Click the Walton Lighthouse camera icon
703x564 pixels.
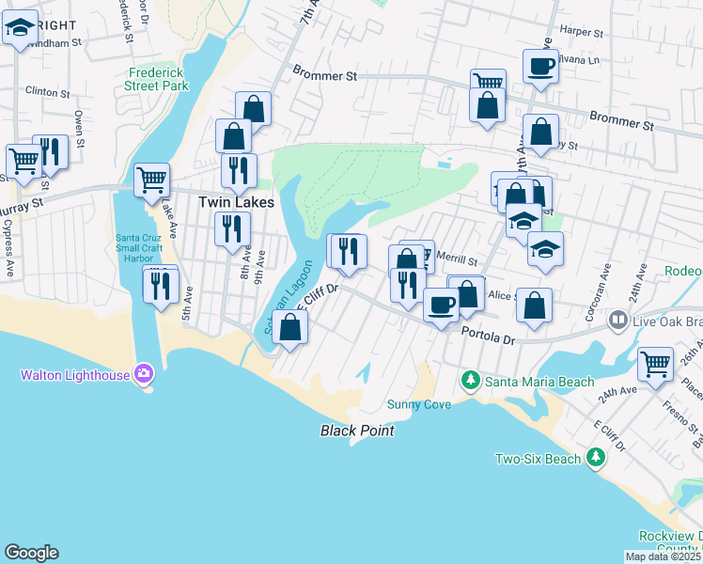(143, 374)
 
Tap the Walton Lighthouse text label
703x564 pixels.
(77, 375)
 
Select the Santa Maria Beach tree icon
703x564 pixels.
(470, 380)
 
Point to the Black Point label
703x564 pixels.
(356, 431)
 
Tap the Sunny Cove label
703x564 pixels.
(419, 404)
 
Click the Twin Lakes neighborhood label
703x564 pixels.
(235, 201)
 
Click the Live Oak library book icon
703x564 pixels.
(617, 321)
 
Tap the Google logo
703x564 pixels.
(31, 553)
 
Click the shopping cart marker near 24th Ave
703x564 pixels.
(655, 362)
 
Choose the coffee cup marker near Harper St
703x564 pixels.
(540, 66)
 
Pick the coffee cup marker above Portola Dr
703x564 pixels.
(440, 304)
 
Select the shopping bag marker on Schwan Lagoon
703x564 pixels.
(291, 327)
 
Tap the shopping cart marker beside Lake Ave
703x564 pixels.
(151, 179)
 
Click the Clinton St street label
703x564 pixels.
(42, 91)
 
